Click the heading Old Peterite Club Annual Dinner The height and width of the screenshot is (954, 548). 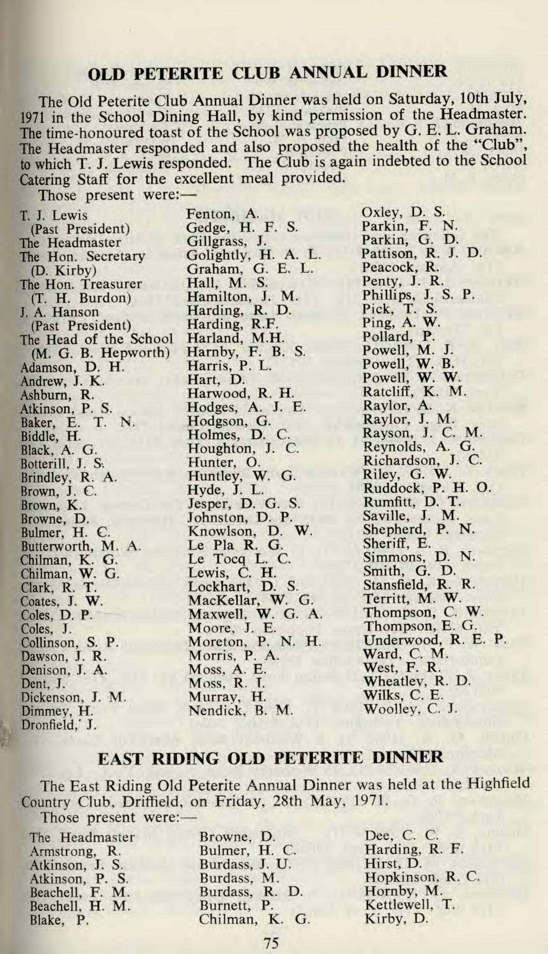coord(267,72)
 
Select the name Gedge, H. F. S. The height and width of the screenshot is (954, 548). coord(242,227)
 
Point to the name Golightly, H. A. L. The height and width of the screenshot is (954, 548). coord(253,255)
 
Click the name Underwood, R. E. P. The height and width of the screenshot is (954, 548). coord(434,640)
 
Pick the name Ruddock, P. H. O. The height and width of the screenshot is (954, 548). coord(427,488)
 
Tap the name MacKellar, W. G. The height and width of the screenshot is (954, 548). coord(250,601)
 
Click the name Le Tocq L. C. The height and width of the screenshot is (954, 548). coord(240,559)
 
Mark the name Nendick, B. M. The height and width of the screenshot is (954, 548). coord(240,710)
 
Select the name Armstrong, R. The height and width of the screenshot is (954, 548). coord(75,851)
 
